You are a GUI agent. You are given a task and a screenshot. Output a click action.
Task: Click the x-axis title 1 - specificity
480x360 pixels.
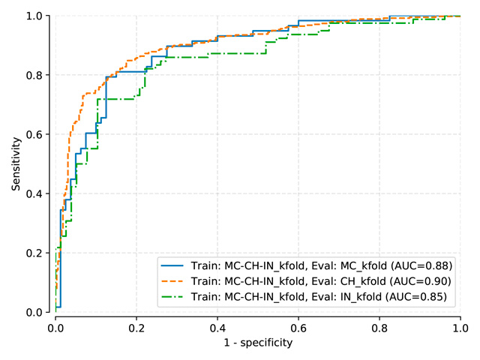(257, 343)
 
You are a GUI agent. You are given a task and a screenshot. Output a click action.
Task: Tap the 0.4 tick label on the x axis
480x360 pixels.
(217, 328)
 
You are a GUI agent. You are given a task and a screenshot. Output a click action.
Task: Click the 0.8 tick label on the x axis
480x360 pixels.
(379, 328)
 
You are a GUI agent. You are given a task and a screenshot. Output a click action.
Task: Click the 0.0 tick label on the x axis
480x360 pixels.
(55, 328)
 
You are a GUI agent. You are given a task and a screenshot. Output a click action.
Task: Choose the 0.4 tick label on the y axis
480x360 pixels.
(34, 193)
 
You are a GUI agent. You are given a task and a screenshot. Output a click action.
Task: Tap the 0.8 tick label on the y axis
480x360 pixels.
(34, 75)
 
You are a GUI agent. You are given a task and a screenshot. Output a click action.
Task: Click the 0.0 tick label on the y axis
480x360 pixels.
(34, 312)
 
